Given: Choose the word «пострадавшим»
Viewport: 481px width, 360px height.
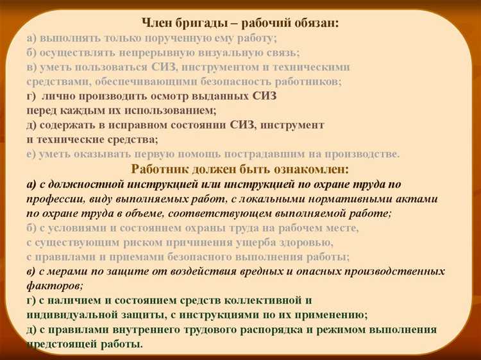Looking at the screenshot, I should pos(252,154).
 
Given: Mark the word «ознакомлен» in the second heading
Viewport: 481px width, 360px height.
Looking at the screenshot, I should pos(312,169).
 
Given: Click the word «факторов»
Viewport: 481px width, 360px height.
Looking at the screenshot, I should pos(53,286).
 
